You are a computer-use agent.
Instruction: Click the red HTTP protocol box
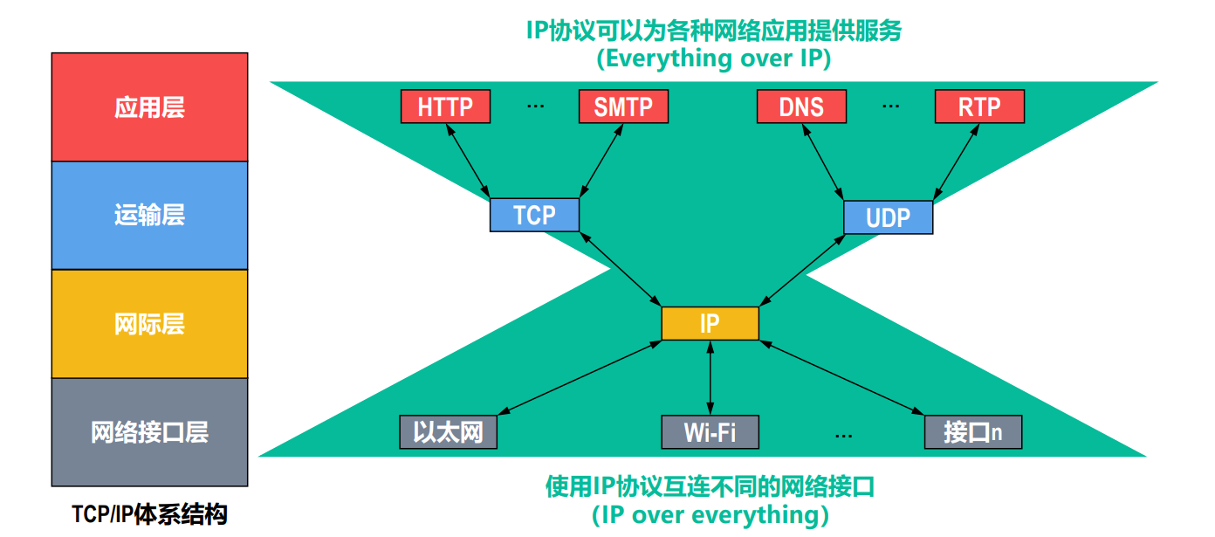[x=445, y=107]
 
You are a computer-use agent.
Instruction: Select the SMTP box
[x=623, y=107]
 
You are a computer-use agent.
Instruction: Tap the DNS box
[x=801, y=107]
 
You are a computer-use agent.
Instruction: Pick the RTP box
[x=979, y=107]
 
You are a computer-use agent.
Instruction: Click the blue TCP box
[x=534, y=215]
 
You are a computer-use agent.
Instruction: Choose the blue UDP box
[x=888, y=217]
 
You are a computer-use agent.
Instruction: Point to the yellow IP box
[x=710, y=324]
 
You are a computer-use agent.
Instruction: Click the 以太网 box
[x=448, y=432]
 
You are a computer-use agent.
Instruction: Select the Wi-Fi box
[x=710, y=432]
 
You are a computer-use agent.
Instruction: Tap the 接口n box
[x=972, y=432]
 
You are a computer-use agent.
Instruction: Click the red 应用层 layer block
[x=149, y=107]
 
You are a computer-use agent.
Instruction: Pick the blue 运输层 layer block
[x=149, y=216]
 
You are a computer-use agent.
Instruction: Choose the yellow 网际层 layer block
[x=149, y=324]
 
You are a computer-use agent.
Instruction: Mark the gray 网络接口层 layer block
[x=149, y=432]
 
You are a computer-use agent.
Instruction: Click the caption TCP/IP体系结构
[x=149, y=514]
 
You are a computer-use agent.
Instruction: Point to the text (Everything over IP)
[x=713, y=59]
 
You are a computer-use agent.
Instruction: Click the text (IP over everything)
[x=710, y=514]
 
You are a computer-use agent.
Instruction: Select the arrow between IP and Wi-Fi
[x=710, y=378]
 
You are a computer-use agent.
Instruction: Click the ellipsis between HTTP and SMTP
[x=535, y=106]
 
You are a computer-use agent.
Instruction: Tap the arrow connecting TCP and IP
[x=621, y=269]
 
